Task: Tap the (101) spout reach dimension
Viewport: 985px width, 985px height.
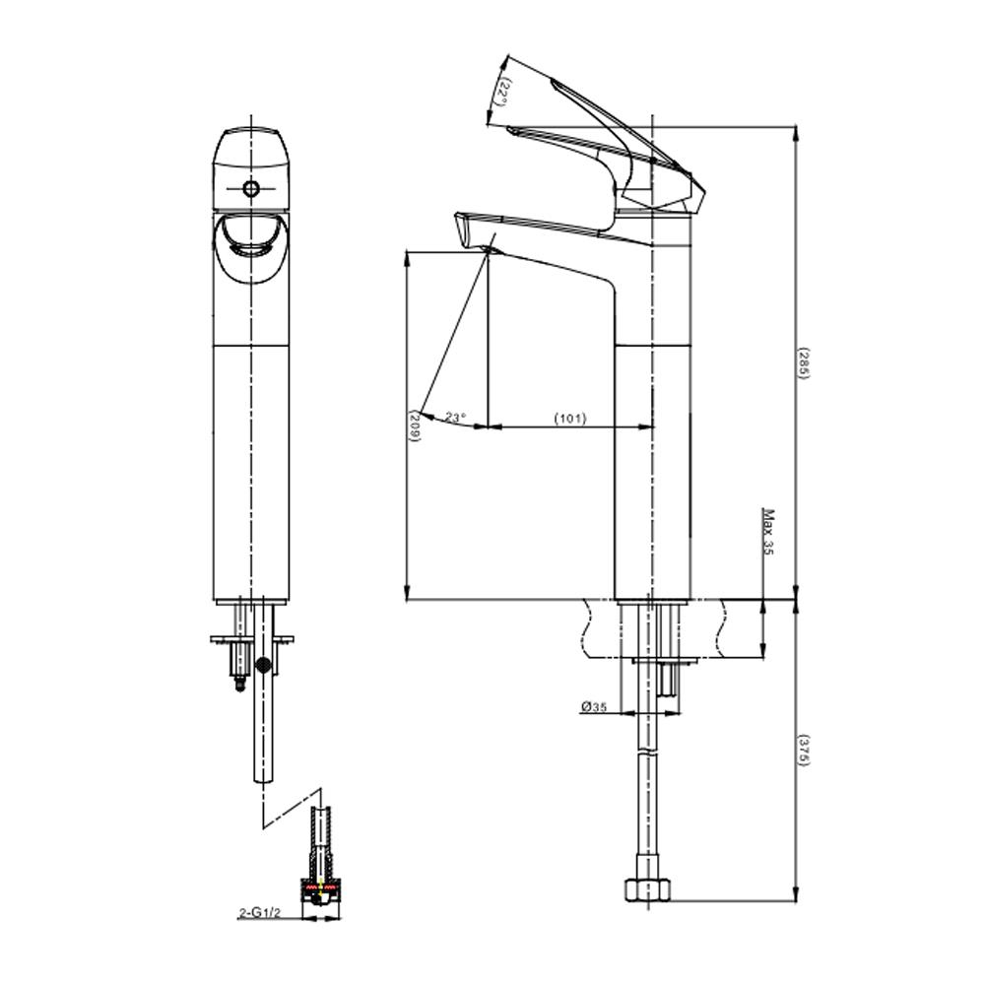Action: pos(569,418)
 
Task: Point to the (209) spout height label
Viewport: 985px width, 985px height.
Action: pos(415,426)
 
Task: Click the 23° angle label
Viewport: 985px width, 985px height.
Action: pos(456,417)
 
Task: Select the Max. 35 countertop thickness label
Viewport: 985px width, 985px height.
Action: pos(767,532)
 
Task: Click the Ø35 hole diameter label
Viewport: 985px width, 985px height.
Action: pos(594,706)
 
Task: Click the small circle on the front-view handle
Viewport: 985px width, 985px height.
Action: pos(251,188)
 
